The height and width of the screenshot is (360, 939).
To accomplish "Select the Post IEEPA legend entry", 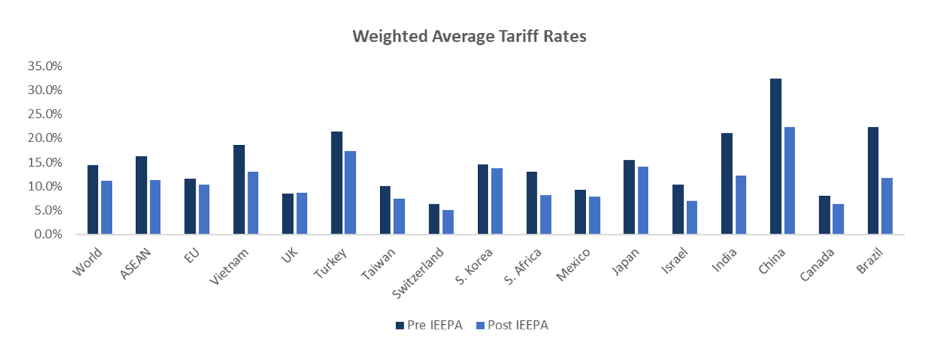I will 512,325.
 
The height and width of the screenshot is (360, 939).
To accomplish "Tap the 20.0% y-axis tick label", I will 45,138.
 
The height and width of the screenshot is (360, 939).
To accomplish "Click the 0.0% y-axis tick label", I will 48,234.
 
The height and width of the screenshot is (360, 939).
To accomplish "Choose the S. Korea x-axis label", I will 474,266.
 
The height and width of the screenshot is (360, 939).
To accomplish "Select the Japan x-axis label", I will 625,262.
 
